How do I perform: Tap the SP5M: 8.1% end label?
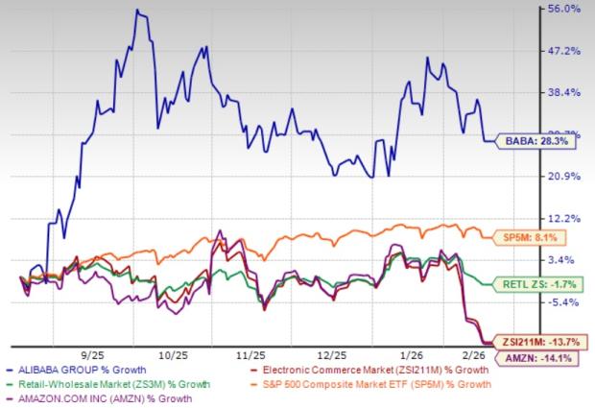(536, 237)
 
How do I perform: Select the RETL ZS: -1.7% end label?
(539, 284)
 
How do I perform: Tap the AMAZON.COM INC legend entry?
(104, 398)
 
